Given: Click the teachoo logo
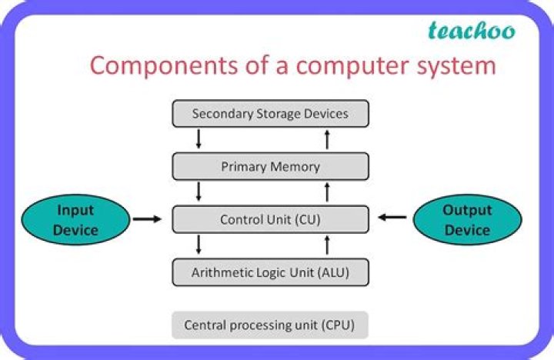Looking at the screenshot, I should (471, 31).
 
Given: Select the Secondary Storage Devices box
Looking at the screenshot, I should (270, 114).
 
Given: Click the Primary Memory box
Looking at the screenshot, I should (270, 166).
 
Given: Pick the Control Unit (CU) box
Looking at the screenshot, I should (270, 219).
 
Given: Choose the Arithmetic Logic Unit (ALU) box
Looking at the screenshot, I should (270, 272).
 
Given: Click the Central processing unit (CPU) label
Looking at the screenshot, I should (269, 325).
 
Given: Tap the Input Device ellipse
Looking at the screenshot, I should (75, 220).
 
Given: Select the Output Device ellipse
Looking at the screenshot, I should (467, 220).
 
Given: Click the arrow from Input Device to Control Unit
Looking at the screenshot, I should (147, 219).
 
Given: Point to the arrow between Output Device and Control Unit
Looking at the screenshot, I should (392, 218).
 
